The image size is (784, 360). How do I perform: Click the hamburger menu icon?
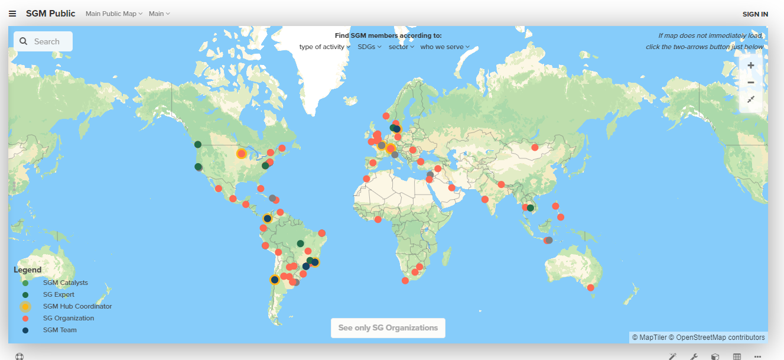(x=12, y=14)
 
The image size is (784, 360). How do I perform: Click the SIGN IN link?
(x=755, y=14)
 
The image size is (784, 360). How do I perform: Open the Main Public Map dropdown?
(x=114, y=14)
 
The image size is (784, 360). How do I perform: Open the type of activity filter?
(x=324, y=47)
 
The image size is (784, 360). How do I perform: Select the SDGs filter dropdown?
(x=369, y=47)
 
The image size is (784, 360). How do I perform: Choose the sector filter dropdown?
(x=401, y=47)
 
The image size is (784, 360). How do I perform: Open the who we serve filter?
(x=444, y=47)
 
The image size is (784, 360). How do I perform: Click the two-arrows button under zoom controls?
(x=751, y=100)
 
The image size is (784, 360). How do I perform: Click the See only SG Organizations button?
(x=388, y=327)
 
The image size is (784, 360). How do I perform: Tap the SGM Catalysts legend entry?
(x=65, y=283)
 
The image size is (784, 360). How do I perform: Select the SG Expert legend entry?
(x=58, y=294)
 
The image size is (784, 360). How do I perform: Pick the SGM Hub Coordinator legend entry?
(x=77, y=306)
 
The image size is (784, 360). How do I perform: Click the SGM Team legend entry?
(x=60, y=330)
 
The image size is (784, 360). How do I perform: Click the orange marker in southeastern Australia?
(x=590, y=288)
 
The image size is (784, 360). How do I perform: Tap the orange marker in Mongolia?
(x=535, y=147)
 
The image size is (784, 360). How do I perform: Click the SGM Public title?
(x=50, y=14)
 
